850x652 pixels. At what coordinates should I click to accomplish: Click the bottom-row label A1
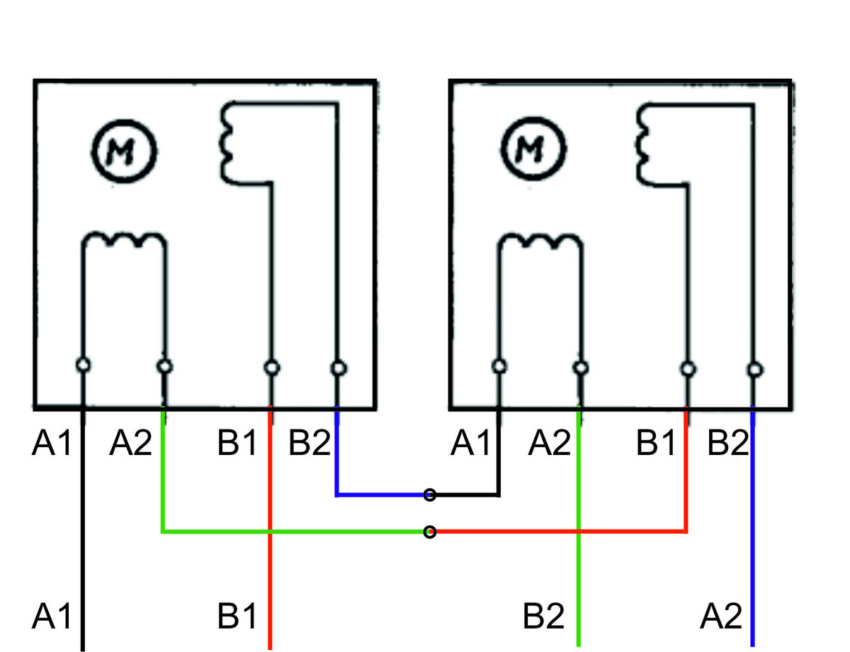point(52,616)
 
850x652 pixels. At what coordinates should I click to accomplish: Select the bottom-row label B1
point(237,616)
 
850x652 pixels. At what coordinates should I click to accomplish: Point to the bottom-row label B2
point(543,616)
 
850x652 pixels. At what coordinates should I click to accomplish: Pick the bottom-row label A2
point(720,616)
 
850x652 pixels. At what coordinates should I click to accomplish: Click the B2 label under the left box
point(310,443)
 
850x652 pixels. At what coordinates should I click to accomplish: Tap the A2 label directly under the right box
point(549,443)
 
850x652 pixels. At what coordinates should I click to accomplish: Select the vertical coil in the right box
point(642,144)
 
